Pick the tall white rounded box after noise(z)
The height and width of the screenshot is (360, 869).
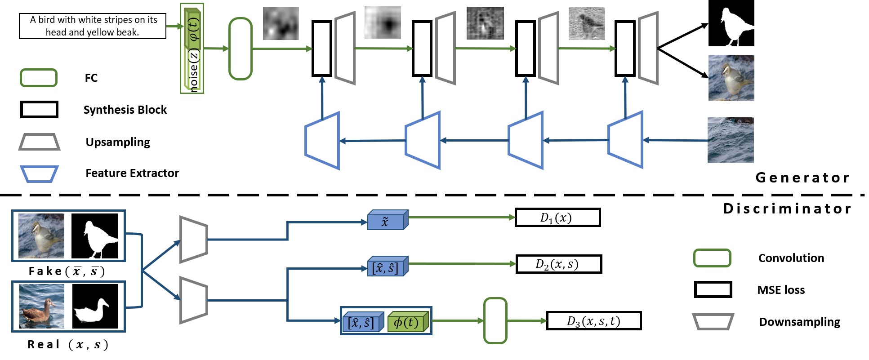point(241,49)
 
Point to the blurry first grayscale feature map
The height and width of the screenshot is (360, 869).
point(281,23)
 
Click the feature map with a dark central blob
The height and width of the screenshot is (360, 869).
point(383,22)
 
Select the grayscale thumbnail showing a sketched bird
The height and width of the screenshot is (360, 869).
point(587,24)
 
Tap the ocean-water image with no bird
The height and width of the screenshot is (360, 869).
point(731,140)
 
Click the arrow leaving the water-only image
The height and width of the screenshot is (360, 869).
point(674,140)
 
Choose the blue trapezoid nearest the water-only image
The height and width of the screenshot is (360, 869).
point(625,140)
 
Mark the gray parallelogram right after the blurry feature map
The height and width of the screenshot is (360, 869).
point(345,48)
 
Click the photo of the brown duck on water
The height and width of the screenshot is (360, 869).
point(42,306)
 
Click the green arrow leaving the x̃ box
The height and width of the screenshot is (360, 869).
point(461,218)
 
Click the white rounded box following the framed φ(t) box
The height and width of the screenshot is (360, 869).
point(495,321)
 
